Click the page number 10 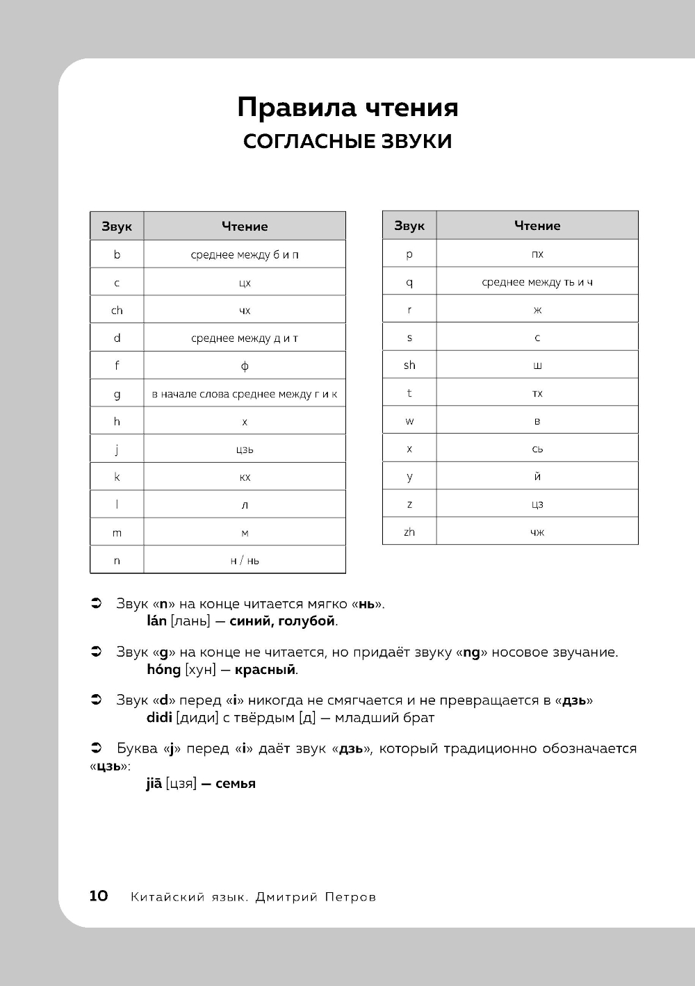point(99,896)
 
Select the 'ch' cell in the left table point(117,310)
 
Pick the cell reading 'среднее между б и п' point(245,254)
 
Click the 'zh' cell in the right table point(409,532)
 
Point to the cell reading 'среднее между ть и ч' point(537,282)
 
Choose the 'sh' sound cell point(409,365)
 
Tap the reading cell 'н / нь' point(245,560)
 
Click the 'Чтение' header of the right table point(537,226)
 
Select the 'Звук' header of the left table point(117,227)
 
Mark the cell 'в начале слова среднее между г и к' point(245,394)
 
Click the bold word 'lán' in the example point(156,621)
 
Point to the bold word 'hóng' point(163,669)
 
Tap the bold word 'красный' point(265,670)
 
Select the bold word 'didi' point(159,717)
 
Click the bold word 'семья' point(236,784)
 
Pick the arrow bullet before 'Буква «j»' point(97,748)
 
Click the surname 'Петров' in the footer point(350,897)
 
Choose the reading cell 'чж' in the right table point(537,532)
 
